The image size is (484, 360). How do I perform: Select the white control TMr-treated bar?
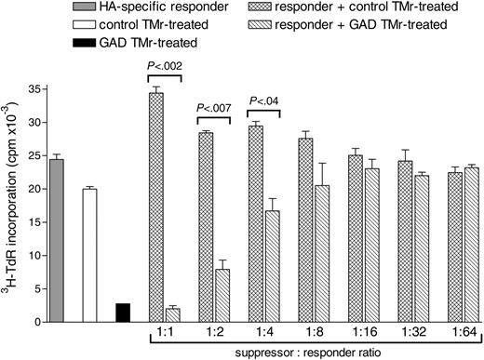point(89,255)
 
